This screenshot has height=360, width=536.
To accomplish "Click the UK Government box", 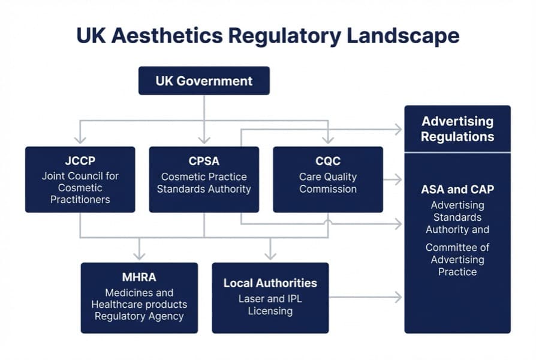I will (204, 80).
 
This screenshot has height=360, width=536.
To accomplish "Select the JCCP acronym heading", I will (80, 161).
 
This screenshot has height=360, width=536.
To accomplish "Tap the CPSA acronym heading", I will (204, 161).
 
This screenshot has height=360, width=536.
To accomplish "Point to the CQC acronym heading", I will (328, 161).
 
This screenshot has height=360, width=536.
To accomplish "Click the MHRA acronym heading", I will (139, 277).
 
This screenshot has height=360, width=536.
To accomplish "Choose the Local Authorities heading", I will (270, 283).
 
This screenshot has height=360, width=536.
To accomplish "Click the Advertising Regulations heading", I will (457, 128).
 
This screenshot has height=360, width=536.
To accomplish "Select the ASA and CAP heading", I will (457, 190).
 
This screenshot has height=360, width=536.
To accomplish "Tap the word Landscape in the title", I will (403, 35).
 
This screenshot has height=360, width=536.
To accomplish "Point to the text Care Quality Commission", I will (328, 183).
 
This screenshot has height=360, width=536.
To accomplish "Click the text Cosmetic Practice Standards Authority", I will (204, 183).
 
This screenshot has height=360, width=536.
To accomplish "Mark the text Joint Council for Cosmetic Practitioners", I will (80, 188).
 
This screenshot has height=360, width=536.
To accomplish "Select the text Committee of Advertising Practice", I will (457, 259).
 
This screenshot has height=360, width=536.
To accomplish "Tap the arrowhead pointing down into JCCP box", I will (80, 140).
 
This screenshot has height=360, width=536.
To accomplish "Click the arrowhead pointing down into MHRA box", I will (139, 255).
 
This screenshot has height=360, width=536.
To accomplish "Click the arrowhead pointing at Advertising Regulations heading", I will (398, 128).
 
